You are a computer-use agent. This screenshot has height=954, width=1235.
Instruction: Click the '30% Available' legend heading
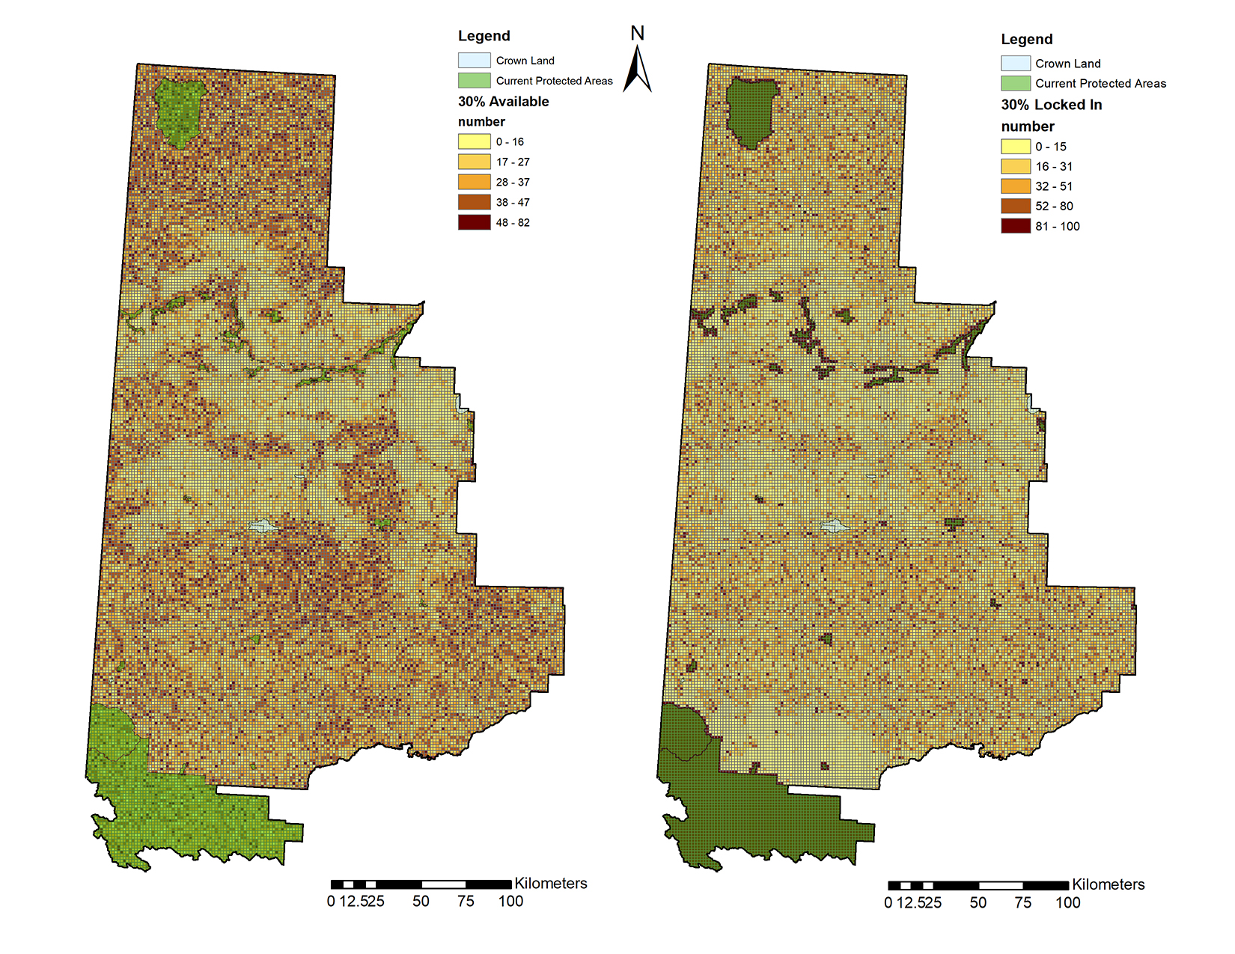(x=503, y=102)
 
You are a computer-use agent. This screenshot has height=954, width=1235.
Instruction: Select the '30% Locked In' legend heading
(x=1051, y=105)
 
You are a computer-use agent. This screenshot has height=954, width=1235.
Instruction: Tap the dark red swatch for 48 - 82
(x=474, y=222)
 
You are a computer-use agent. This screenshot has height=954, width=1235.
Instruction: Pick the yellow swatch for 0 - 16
(x=474, y=141)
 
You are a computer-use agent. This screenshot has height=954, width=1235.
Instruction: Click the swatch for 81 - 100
(x=1016, y=226)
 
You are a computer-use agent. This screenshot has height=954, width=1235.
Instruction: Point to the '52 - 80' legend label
(x=1054, y=206)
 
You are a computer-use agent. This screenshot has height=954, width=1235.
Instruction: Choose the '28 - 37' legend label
(x=513, y=182)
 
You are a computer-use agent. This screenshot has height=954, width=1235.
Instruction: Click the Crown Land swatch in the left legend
(x=474, y=61)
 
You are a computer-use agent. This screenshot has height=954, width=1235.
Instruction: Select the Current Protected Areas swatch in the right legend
(x=1016, y=83)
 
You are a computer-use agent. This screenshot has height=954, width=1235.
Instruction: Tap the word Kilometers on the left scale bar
(x=550, y=884)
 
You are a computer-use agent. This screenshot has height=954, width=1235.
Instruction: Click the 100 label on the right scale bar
(x=1067, y=903)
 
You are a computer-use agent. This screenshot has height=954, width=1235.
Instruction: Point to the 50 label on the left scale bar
(x=421, y=902)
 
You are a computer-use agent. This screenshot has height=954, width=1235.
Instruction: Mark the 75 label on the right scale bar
(x=1022, y=903)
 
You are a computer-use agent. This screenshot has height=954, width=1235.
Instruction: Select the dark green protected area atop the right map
(x=751, y=112)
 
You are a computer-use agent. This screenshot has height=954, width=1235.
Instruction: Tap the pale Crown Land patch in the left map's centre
(x=262, y=526)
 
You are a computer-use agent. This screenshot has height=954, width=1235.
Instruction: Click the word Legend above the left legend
(x=484, y=36)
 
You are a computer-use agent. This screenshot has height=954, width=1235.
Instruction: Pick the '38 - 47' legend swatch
(x=474, y=202)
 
